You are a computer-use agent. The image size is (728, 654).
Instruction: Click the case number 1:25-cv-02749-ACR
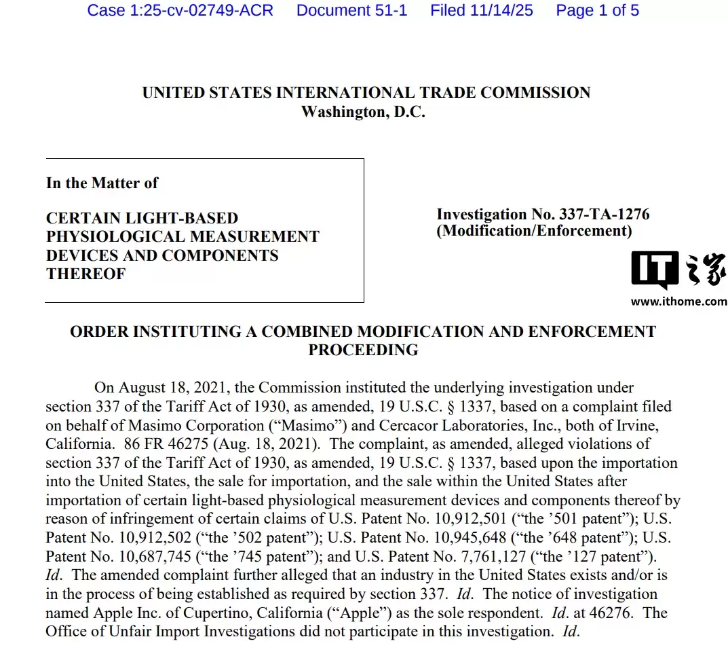(x=180, y=10)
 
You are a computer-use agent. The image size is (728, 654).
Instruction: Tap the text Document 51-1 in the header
(x=351, y=10)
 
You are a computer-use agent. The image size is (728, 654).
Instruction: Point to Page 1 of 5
(x=597, y=10)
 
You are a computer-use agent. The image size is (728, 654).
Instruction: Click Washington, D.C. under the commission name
(x=363, y=112)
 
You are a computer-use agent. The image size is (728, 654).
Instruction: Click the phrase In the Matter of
(x=102, y=183)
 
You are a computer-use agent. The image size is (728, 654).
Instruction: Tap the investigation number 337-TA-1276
(x=604, y=215)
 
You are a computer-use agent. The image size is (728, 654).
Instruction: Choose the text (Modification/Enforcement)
(x=534, y=231)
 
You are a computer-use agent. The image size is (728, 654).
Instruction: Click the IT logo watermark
(x=655, y=270)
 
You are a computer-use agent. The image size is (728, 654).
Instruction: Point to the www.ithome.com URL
(x=678, y=302)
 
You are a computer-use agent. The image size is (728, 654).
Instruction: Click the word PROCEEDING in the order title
(x=363, y=350)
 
